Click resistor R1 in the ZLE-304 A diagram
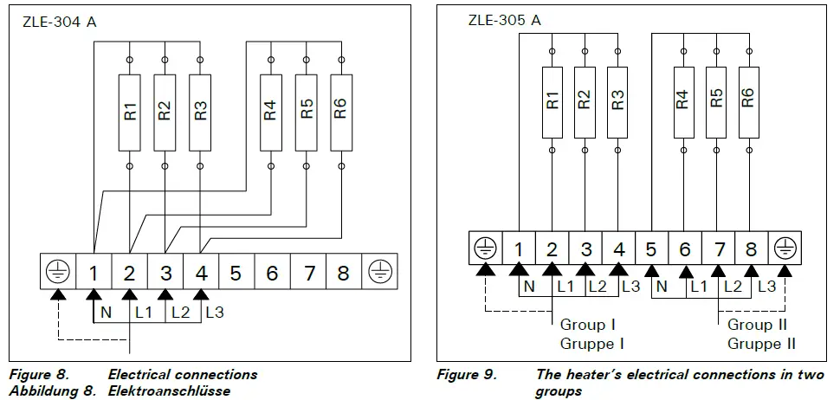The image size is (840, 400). [x=129, y=113]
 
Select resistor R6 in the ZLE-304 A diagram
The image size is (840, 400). [x=341, y=113]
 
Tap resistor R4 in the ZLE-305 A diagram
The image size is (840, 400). [x=683, y=102]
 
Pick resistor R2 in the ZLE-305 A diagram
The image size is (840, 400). [x=585, y=102]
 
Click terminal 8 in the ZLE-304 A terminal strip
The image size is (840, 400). [x=344, y=274]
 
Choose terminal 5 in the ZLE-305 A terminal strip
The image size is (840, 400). [x=651, y=249]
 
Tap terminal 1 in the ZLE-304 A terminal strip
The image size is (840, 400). [x=94, y=274]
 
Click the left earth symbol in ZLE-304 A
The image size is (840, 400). [x=57, y=274]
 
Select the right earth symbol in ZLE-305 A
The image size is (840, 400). [x=785, y=248]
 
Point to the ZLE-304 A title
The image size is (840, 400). [x=60, y=23]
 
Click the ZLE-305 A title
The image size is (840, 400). [x=504, y=21]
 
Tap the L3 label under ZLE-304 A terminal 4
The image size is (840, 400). [x=214, y=313]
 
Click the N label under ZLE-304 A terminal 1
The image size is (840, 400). [x=106, y=313]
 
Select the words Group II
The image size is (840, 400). [x=757, y=325]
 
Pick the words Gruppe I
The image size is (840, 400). [x=592, y=343]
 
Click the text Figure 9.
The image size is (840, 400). [x=467, y=374]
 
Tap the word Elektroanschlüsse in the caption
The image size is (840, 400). [x=169, y=390]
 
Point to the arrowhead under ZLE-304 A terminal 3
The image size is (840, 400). [x=165, y=295]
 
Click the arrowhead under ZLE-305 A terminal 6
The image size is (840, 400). [x=685, y=270]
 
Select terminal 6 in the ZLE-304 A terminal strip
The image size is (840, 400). [x=272, y=274]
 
